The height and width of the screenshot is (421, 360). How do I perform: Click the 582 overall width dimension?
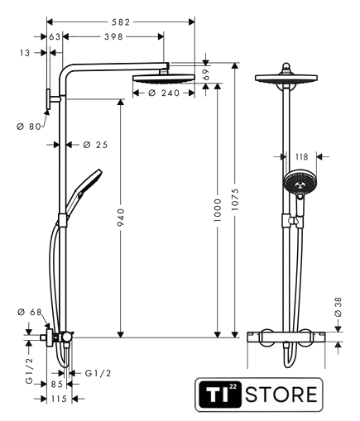pos(121,22)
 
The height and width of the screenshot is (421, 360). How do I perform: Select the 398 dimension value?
pos(113,36)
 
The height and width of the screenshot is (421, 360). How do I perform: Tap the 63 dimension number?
pos(55,36)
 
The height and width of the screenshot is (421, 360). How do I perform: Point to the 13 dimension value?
pos(25,53)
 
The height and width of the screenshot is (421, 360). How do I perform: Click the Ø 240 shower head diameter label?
pos(164,93)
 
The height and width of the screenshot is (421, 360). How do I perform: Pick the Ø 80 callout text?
pos(29,127)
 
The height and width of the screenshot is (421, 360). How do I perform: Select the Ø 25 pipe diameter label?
pos(95,145)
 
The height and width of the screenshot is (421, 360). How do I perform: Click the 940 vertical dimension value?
pos(121,218)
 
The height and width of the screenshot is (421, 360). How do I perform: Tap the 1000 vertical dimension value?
pos(218,210)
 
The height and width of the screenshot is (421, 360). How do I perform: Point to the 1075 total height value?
pos(235,199)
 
